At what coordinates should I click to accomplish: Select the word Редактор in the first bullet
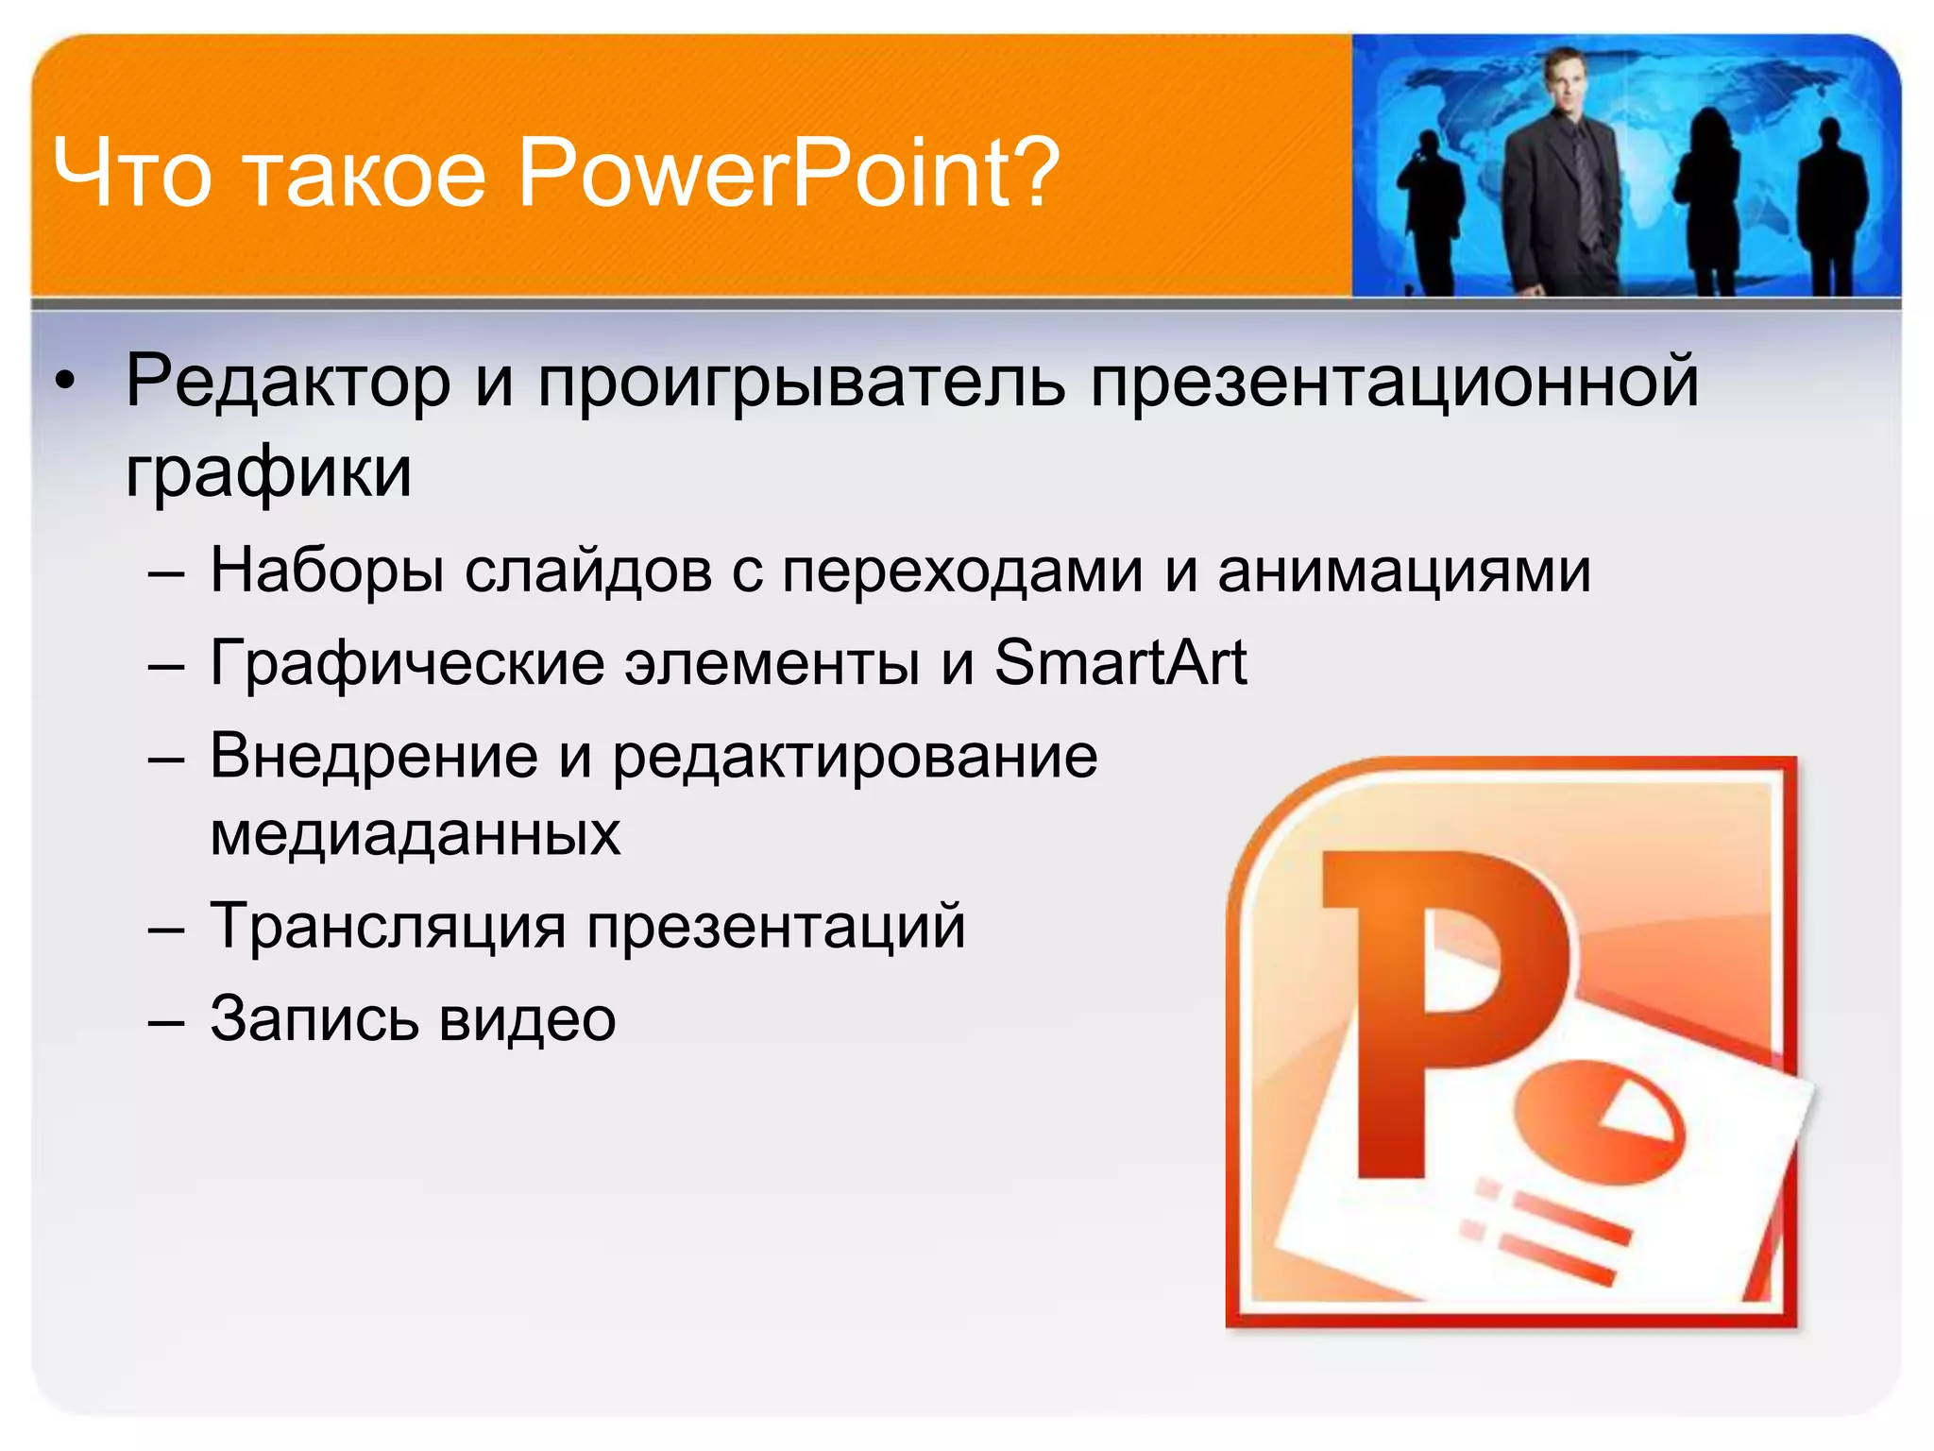click(288, 381)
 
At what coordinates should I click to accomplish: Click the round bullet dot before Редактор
click(63, 383)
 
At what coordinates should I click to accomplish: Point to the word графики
click(268, 471)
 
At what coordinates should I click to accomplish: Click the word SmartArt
click(1120, 662)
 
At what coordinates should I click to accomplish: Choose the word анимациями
click(1403, 571)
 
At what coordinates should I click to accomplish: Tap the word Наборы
click(326, 571)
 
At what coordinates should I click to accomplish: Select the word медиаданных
click(415, 834)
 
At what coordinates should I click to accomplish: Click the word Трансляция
click(387, 926)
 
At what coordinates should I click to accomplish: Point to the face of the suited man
click(1564, 84)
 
